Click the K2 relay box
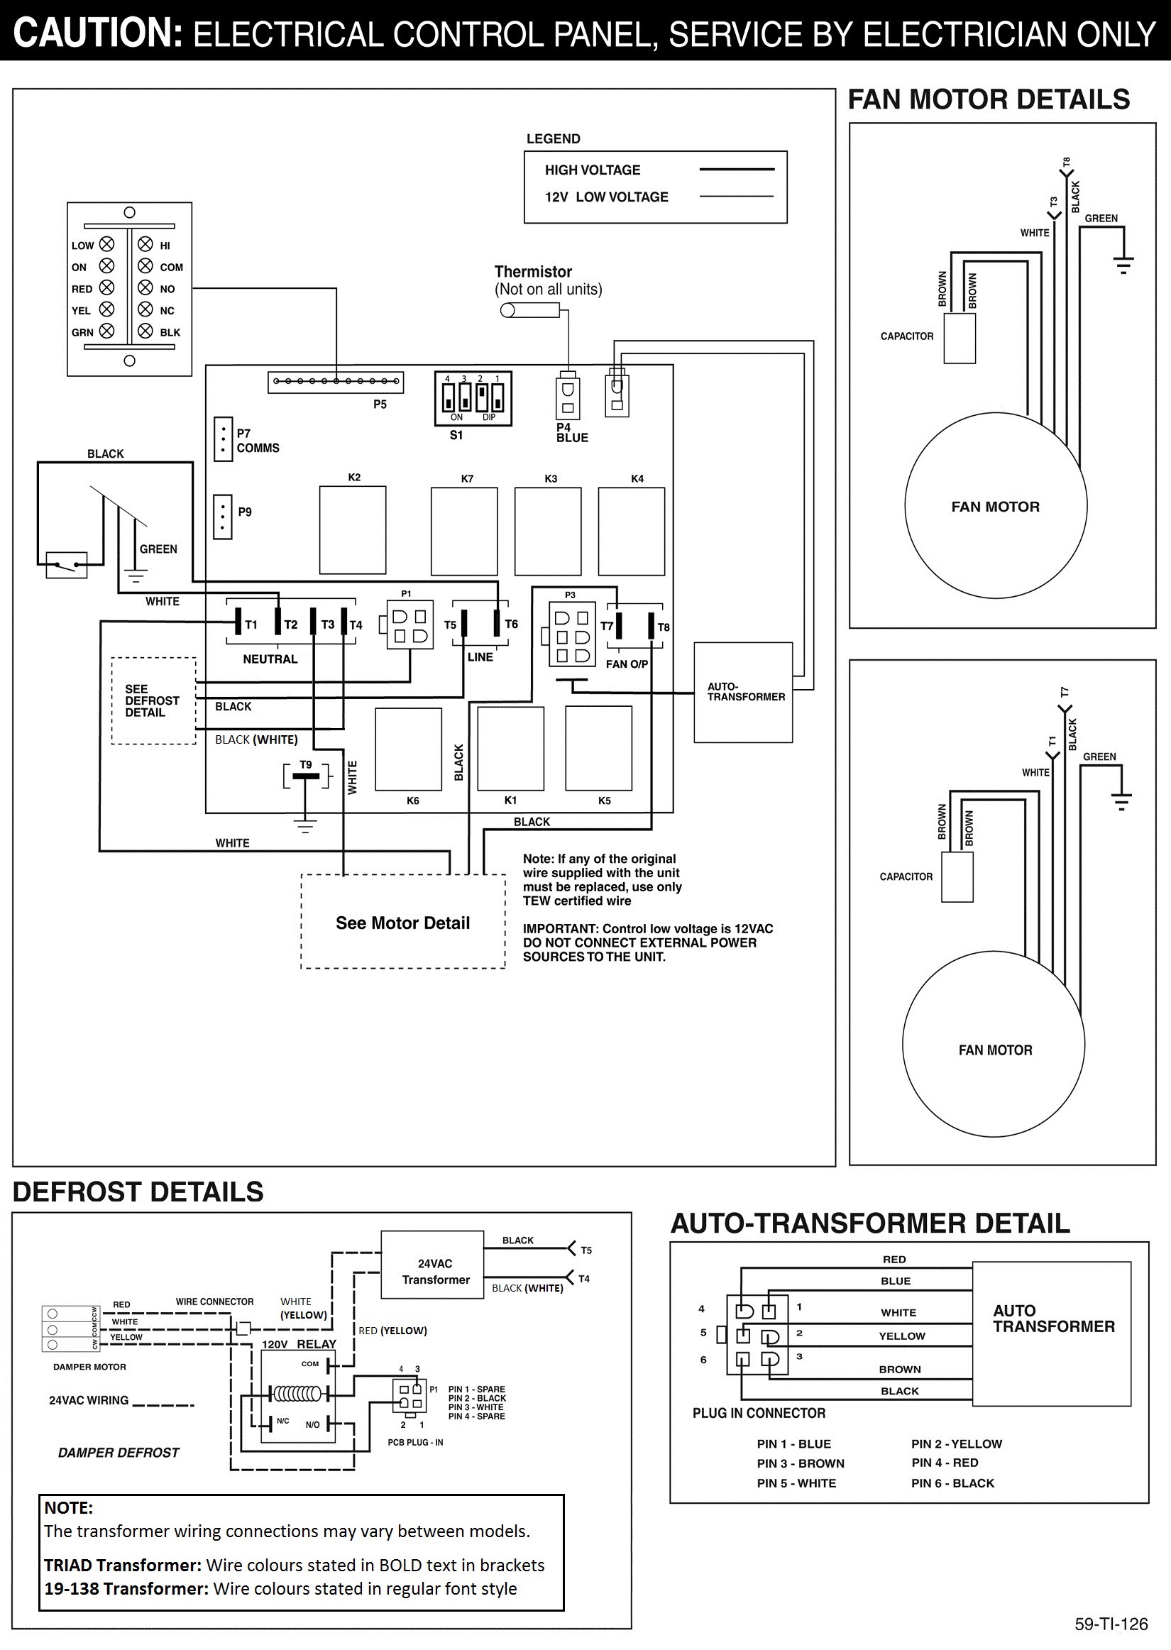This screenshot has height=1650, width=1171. pos(353,530)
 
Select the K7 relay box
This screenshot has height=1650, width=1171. pos(464,532)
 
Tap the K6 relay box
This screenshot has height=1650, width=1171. pos(409,749)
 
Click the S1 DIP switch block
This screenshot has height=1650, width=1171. pos(473,399)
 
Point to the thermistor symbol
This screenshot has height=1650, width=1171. pos(530,310)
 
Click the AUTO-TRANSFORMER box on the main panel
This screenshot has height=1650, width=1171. pos(742,693)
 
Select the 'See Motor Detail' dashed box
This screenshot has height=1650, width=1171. pos(403,922)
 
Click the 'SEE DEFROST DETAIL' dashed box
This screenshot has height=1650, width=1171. pos(153,700)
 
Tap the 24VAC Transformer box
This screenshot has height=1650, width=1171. pos(433,1265)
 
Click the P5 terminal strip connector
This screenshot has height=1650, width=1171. pos(335,382)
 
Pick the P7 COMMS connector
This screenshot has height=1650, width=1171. pos(222,439)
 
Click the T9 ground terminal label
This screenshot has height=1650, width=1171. pos(306,765)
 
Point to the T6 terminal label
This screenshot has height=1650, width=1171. pos(511,625)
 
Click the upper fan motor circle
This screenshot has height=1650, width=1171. pos(995,507)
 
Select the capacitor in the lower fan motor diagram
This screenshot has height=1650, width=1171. pos(957,876)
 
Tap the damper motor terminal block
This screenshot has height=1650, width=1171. pos(71,1329)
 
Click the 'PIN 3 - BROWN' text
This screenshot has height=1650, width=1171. pos(801,1463)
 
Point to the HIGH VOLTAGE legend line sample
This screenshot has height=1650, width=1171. pos(736,170)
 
